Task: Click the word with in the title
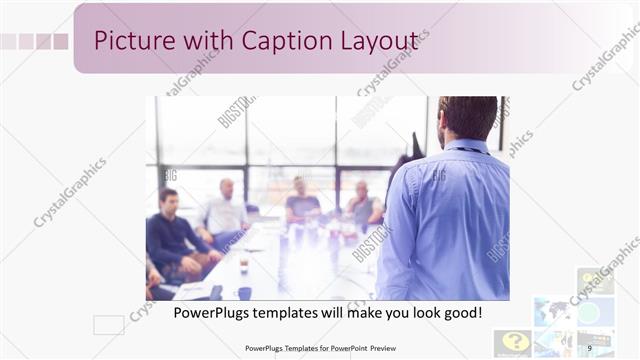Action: [x=201, y=40]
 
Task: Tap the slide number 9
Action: [x=589, y=347]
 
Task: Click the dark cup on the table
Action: [x=245, y=293]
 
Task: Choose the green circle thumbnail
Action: [x=590, y=312]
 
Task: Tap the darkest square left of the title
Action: [x=60, y=41]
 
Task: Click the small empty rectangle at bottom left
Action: [x=108, y=324]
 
